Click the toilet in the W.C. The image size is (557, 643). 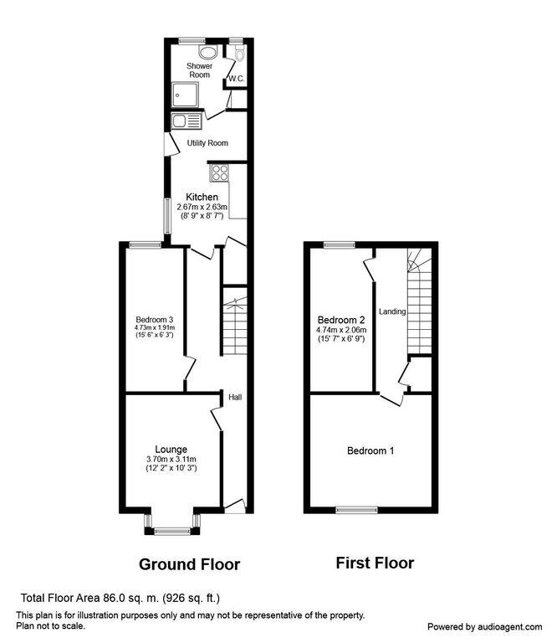pos(239,53)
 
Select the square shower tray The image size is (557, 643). pos(185,95)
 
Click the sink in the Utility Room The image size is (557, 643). pos(187,121)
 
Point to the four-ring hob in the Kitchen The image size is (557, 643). pos(219,172)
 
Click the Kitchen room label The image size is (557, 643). pos(202,197)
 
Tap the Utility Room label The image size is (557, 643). pos(207,143)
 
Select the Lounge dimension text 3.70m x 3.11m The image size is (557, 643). pos(171,460)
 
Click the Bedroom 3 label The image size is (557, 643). pos(155,320)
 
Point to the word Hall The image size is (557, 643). pos(235,397)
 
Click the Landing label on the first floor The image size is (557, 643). pos(392,311)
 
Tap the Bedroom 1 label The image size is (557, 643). pos(370,451)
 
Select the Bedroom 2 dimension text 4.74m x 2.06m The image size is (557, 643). pos(341,330)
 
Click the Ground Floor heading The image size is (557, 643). pos(190,564)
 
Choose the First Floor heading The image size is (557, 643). pos(376,563)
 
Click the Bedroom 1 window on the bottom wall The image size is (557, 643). pos(357,510)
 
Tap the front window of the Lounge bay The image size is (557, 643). pos(172,532)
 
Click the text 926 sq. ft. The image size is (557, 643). pos(192,599)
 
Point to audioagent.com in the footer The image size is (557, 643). pos(508,627)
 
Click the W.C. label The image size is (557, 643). pos(237,79)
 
